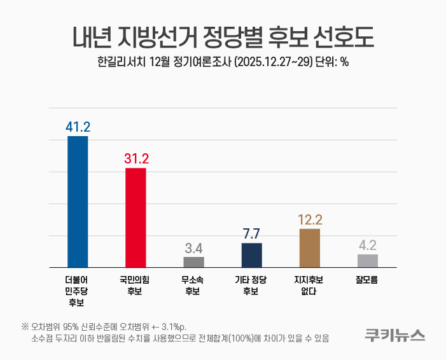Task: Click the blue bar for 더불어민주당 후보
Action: [x=78, y=202]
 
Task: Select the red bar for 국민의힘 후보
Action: [x=136, y=218]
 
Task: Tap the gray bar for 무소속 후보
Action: [x=193, y=262]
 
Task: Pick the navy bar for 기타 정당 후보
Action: [x=252, y=255]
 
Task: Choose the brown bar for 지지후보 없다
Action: [x=310, y=248]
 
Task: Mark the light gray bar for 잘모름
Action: [x=368, y=261]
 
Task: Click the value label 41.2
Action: [x=78, y=127]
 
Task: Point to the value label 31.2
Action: [x=136, y=158]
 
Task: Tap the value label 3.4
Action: [x=193, y=247]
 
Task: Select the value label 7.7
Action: [x=252, y=233]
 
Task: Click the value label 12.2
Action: [x=310, y=219]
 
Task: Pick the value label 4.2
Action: [x=368, y=245]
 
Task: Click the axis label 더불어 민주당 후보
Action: [x=78, y=291]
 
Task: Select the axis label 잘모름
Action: [x=368, y=279]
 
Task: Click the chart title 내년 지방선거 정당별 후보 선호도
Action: [x=223, y=37]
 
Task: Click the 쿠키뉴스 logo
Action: [x=394, y=335]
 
